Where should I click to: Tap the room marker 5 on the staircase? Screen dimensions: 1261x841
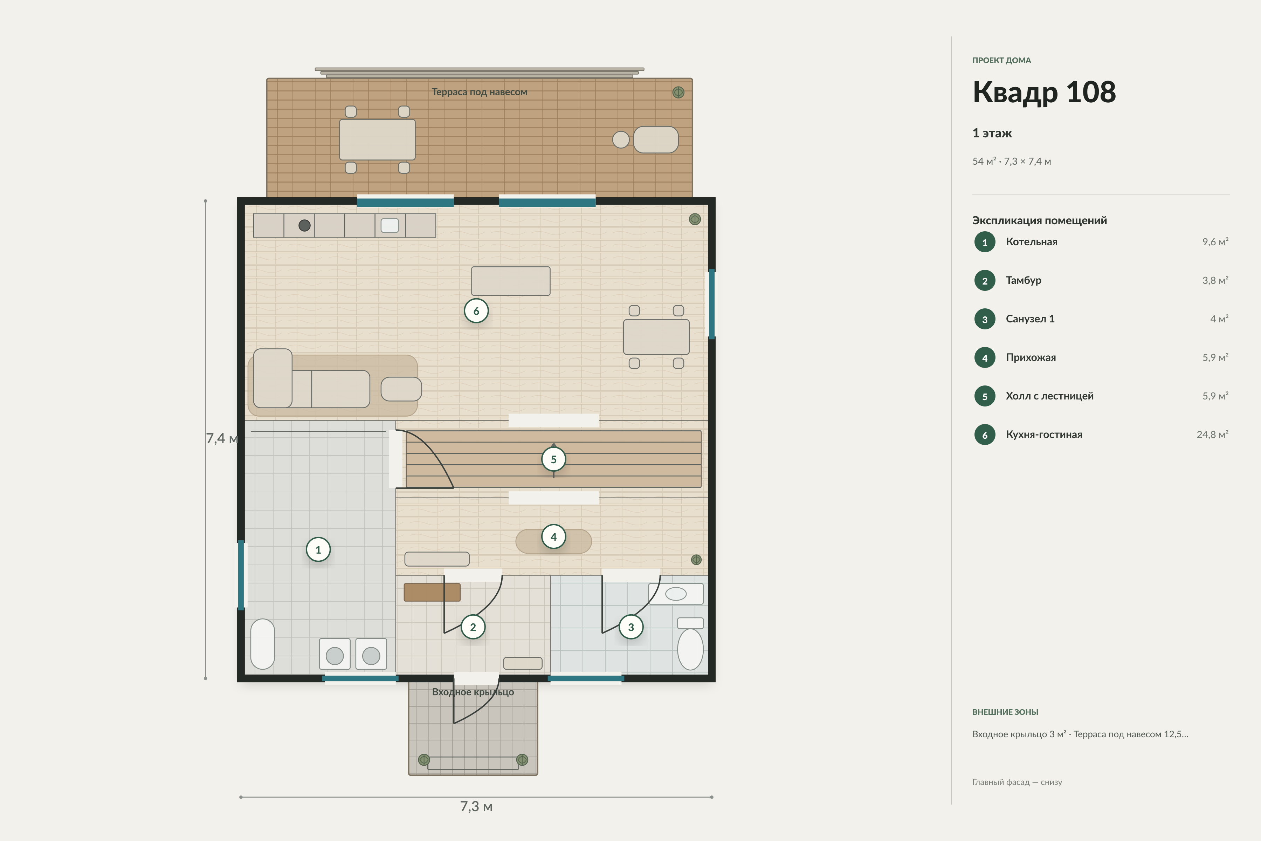click(554, 459)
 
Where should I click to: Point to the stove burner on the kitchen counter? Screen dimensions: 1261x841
click(304, 226)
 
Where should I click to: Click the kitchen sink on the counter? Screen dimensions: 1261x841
click(390, 226)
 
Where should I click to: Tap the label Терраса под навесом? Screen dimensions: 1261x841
click(479, 92)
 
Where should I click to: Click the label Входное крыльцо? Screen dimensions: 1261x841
click(473, 692)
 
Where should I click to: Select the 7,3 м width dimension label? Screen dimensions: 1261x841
click(476, 807)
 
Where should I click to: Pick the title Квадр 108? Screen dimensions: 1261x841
click(1044, 92)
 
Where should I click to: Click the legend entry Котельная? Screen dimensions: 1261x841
click(1032, 242)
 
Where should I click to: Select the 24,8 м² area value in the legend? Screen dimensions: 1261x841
click(1212, 435)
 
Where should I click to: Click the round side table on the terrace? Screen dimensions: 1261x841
click(621, 140)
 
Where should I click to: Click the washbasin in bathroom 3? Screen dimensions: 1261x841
click(676, 594)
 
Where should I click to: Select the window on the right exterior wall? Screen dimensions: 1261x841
click(711, 304)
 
